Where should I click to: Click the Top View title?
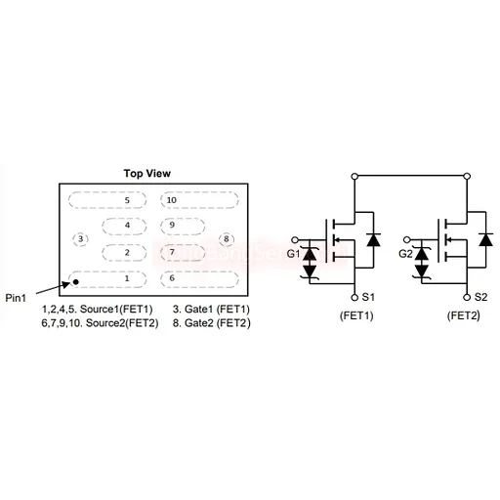coord(147,173)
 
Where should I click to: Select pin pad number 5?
coord(107,200)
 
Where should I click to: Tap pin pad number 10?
coord(199,200)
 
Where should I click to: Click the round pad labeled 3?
coord(80,239)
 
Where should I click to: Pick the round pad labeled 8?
coord(227,239)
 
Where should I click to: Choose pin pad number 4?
coord(124,226)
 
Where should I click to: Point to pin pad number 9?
coord(183,226)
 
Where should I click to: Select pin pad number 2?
coord(124,253)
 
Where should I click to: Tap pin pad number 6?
coord(199,279)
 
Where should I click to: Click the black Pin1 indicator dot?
coord(75,282)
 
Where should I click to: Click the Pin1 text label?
coord(16,298)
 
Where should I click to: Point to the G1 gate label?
coord(293,254)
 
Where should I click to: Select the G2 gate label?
coord(405,254)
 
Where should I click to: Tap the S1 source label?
coord(368,297)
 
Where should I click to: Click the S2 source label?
coord(480,297)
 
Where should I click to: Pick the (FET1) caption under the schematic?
coord(356,315)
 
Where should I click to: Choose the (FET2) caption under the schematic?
coord(464,315)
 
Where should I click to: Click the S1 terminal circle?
coord(354,297)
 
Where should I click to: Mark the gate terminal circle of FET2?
coord(406,240)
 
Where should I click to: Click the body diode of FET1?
coord(373,239)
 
